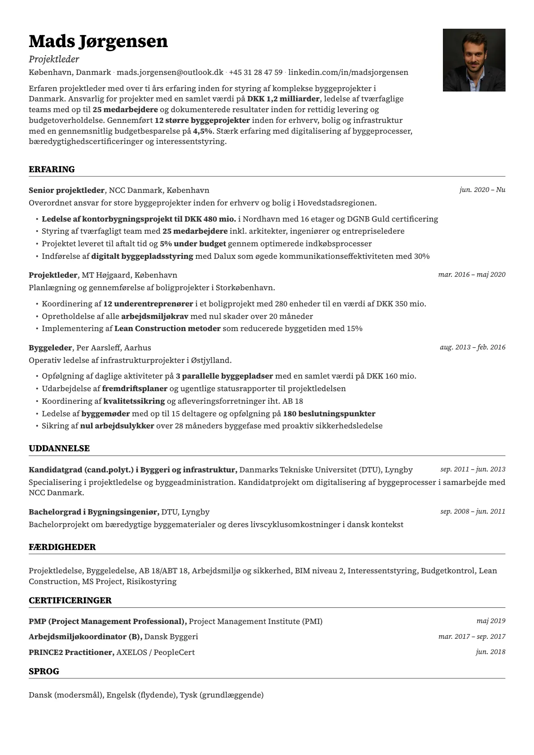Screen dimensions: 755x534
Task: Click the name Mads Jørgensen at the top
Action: [98, 41]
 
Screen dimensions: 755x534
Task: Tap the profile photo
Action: [474, 60]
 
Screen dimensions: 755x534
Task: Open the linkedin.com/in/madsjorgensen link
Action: [348, 72]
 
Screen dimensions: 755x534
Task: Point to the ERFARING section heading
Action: [52, 169]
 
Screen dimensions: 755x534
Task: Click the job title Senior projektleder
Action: [66, 190]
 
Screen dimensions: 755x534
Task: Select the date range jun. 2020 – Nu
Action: [482, 190]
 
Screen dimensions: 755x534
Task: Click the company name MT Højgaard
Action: [98, 275]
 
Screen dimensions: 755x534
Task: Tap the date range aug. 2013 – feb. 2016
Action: [473, 347]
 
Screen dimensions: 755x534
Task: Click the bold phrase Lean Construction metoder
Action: [167, 328]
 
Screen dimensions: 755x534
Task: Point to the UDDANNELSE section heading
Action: [59, 448]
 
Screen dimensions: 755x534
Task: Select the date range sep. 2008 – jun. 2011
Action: [473, 511]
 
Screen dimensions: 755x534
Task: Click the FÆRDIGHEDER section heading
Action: [62, 547]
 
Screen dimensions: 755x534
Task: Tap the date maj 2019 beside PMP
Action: [490, 621]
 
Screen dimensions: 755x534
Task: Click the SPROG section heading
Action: [44, 671]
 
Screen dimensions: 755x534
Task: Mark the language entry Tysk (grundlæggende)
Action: [222, 695]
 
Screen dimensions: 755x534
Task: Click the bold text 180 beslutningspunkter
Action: [329, 414]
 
